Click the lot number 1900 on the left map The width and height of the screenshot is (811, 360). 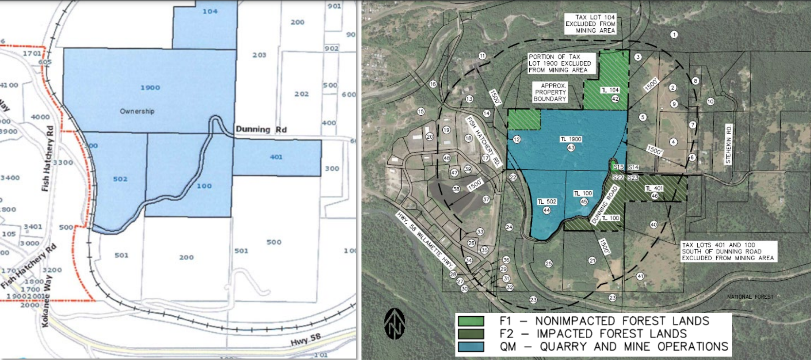tap(150, 88)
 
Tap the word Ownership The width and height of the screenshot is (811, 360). tap(137, 111)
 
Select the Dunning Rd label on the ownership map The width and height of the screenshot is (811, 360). tap(261, 129)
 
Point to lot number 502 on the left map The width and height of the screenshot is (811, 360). tap(120, 179)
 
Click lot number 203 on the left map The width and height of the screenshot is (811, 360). tap(259, 55)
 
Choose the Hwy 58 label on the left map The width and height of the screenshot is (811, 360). tap(306, 339)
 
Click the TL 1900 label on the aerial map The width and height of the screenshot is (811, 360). tap(571, 139)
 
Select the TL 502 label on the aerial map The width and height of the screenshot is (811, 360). tap(547, 201)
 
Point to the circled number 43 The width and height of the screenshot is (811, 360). tap(571, 147)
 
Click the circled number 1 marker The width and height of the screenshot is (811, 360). tap(674, 35)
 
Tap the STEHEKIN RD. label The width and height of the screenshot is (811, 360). tap(728, 144)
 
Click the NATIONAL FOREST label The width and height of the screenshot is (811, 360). tap(750, 297)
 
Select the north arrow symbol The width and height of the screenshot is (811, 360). tap(395, 324)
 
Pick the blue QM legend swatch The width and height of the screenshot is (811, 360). tap(470, 347)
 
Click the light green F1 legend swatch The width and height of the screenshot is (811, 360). tap(470, 321)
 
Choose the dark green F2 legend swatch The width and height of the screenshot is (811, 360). tap(470, 334)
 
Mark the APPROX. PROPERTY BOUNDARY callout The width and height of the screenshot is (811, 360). tap(550, 92)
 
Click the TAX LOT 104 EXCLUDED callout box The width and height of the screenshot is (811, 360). tap(590, 24)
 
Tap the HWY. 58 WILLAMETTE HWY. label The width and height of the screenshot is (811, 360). tap(425, 241)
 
